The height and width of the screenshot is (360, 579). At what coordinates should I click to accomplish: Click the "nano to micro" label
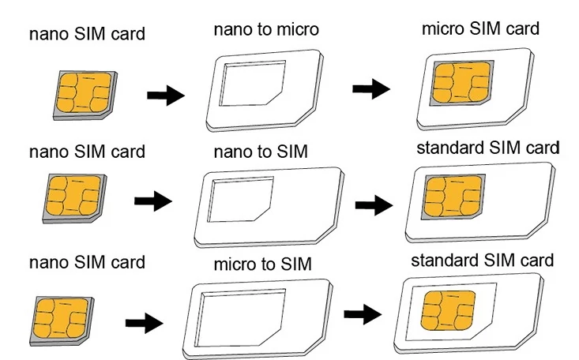pos(265,31)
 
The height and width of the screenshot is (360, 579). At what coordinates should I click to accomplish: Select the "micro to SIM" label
pos(262,263)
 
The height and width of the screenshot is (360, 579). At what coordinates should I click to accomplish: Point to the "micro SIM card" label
pos(480,29)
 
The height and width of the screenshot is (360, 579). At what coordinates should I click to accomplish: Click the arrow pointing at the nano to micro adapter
pos(166,97)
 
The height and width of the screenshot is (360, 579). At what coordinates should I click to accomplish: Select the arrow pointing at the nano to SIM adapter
pos(154,202)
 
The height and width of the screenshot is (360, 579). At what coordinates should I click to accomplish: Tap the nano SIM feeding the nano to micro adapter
pos(82,92)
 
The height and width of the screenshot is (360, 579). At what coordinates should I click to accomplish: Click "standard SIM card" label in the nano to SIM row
pos(487,148)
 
